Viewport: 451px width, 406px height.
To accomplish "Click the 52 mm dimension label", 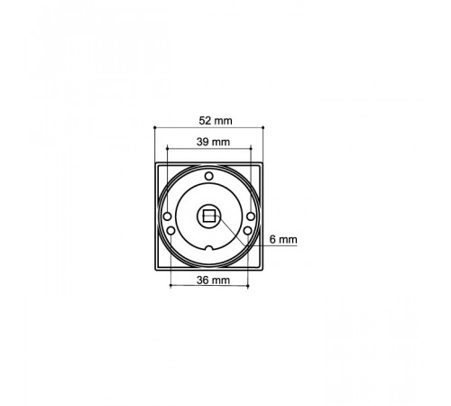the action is (216, 121).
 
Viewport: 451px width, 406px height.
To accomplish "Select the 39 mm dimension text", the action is (213, 142).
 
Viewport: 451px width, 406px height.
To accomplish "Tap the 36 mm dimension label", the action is (213, 281).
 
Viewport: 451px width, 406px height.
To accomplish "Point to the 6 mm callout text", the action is (283, 240).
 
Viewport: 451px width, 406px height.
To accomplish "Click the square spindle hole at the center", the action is (208, 216).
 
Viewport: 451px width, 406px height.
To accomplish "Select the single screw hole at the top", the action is (208, 176).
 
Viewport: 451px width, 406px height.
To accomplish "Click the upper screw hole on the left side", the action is (167, 217).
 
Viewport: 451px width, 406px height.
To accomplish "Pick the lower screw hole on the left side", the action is (170, 231).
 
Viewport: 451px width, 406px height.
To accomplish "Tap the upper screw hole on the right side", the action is (251, 217).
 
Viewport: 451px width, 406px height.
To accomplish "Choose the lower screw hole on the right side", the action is (247, 231).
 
